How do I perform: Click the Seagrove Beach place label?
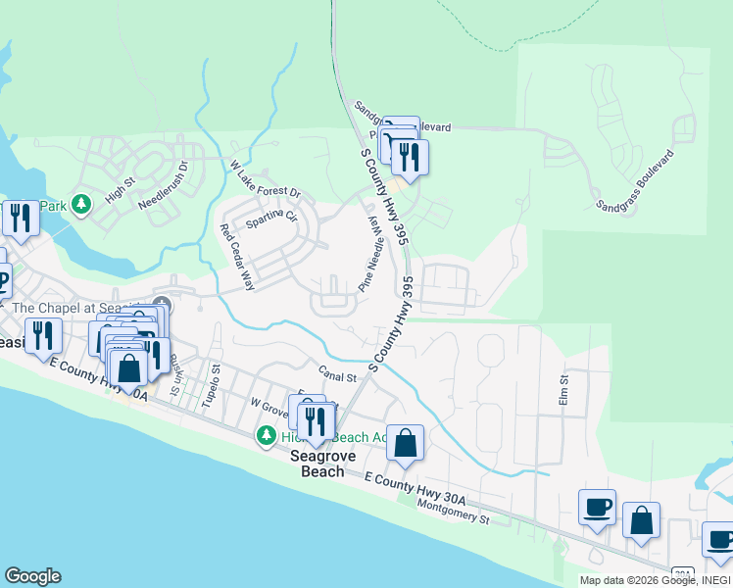click(x=317, y=464)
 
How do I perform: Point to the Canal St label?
click(x=336, y=373)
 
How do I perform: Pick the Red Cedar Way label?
click(x=237, y=258)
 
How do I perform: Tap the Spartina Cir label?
click(x=271, y=217)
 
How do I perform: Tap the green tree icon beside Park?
click(x=83, y=205)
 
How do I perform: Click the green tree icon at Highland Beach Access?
click(x=265, y=435)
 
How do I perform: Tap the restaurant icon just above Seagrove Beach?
click(x=315, y=421)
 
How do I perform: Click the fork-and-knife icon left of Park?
click(x=21, y=217)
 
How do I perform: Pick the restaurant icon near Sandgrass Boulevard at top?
click(x=409, y=155)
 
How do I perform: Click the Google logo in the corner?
click(x=32, y=576)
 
